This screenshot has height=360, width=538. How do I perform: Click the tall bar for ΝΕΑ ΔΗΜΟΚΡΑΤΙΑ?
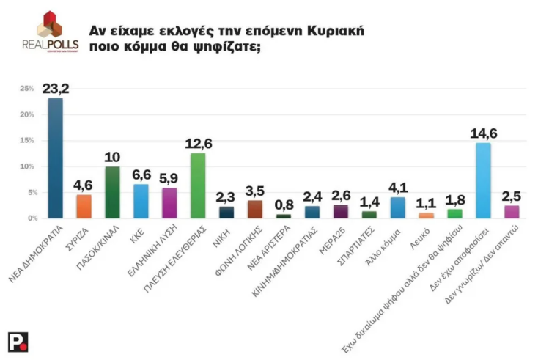click(55, 158)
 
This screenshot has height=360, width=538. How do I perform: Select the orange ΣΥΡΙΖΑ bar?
click(84, 206)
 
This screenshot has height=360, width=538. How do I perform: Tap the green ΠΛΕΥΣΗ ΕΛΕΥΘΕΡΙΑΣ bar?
click(198, 185)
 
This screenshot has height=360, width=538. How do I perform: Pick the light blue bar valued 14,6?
click(483, 180)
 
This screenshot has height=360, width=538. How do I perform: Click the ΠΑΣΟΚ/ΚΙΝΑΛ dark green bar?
click(112, 192)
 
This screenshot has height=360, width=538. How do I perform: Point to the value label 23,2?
click(55, 89)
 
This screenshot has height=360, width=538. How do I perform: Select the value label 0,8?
click(282, 205)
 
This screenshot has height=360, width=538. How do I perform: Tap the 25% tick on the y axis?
click(28, 89)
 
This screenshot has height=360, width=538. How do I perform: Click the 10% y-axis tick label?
click(28, 166)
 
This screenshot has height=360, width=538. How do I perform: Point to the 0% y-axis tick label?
click(29, 218)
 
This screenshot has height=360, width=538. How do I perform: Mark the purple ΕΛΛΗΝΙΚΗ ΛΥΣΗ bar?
click(169, 202)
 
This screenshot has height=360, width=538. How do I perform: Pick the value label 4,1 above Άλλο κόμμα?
click(397, 187)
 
